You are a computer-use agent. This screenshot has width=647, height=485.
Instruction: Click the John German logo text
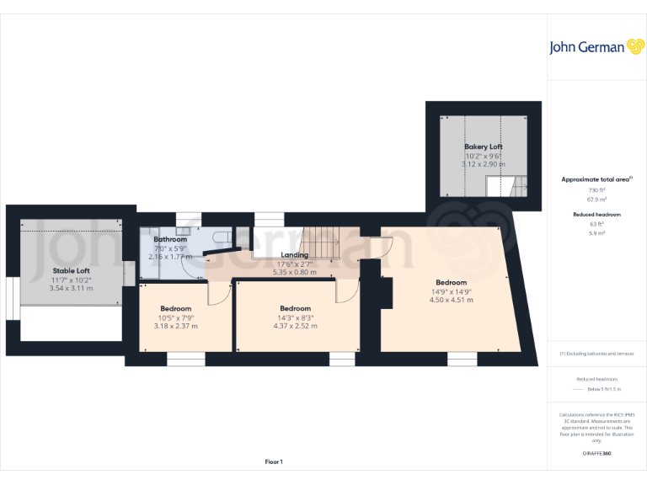pos(586,47)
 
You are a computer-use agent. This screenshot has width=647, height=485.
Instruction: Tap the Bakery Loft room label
pos(483,147)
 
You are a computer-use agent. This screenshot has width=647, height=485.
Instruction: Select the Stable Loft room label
pos(71,270)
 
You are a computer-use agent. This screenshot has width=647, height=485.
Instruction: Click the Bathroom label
pos(169,239)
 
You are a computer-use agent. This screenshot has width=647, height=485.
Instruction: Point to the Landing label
pos(294,254)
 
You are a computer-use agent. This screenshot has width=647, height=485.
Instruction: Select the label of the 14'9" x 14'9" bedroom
pos(451,282)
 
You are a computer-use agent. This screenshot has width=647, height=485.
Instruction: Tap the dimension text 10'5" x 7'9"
pos(176,317)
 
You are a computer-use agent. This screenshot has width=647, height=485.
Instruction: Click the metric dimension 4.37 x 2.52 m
pos(295,326)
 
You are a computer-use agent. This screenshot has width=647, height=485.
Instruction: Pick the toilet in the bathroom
pos(220,239)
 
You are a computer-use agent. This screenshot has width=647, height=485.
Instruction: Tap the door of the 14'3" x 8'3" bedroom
pos(345,290)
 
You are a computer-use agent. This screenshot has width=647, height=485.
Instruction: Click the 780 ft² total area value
pos(597,190)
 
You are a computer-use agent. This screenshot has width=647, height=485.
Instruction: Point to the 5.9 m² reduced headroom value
pos(597,232)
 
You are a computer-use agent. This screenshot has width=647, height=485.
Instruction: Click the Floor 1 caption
pos(274,461)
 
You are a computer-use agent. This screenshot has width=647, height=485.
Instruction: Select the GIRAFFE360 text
pos(597,453)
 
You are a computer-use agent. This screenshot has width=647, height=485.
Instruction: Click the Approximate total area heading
pos(596,179)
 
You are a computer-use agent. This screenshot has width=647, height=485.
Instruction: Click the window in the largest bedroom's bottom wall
pos(462,359)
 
